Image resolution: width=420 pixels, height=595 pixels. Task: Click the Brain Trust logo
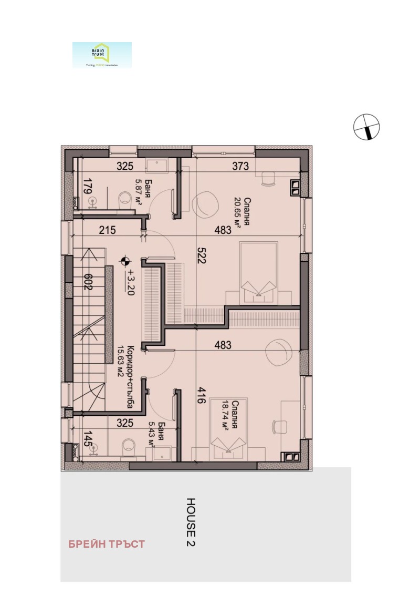(102, 55)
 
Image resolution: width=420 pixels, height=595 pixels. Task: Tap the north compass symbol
(366, 127)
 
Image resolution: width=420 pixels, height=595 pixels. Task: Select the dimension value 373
(240, 167)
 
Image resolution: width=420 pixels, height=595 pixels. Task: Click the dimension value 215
(107, 230)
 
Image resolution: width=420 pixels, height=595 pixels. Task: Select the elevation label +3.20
(130, 282)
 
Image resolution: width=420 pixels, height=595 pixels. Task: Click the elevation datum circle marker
(124, 259)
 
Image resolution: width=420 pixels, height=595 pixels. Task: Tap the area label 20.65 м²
(238, 211)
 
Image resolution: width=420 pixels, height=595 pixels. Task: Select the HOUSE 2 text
(191, 522)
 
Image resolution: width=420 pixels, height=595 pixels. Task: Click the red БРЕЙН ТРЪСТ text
(106, 544)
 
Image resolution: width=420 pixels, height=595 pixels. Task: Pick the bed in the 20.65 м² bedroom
(258, 272)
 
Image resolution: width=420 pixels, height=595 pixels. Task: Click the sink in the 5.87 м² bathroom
(156, 165)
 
